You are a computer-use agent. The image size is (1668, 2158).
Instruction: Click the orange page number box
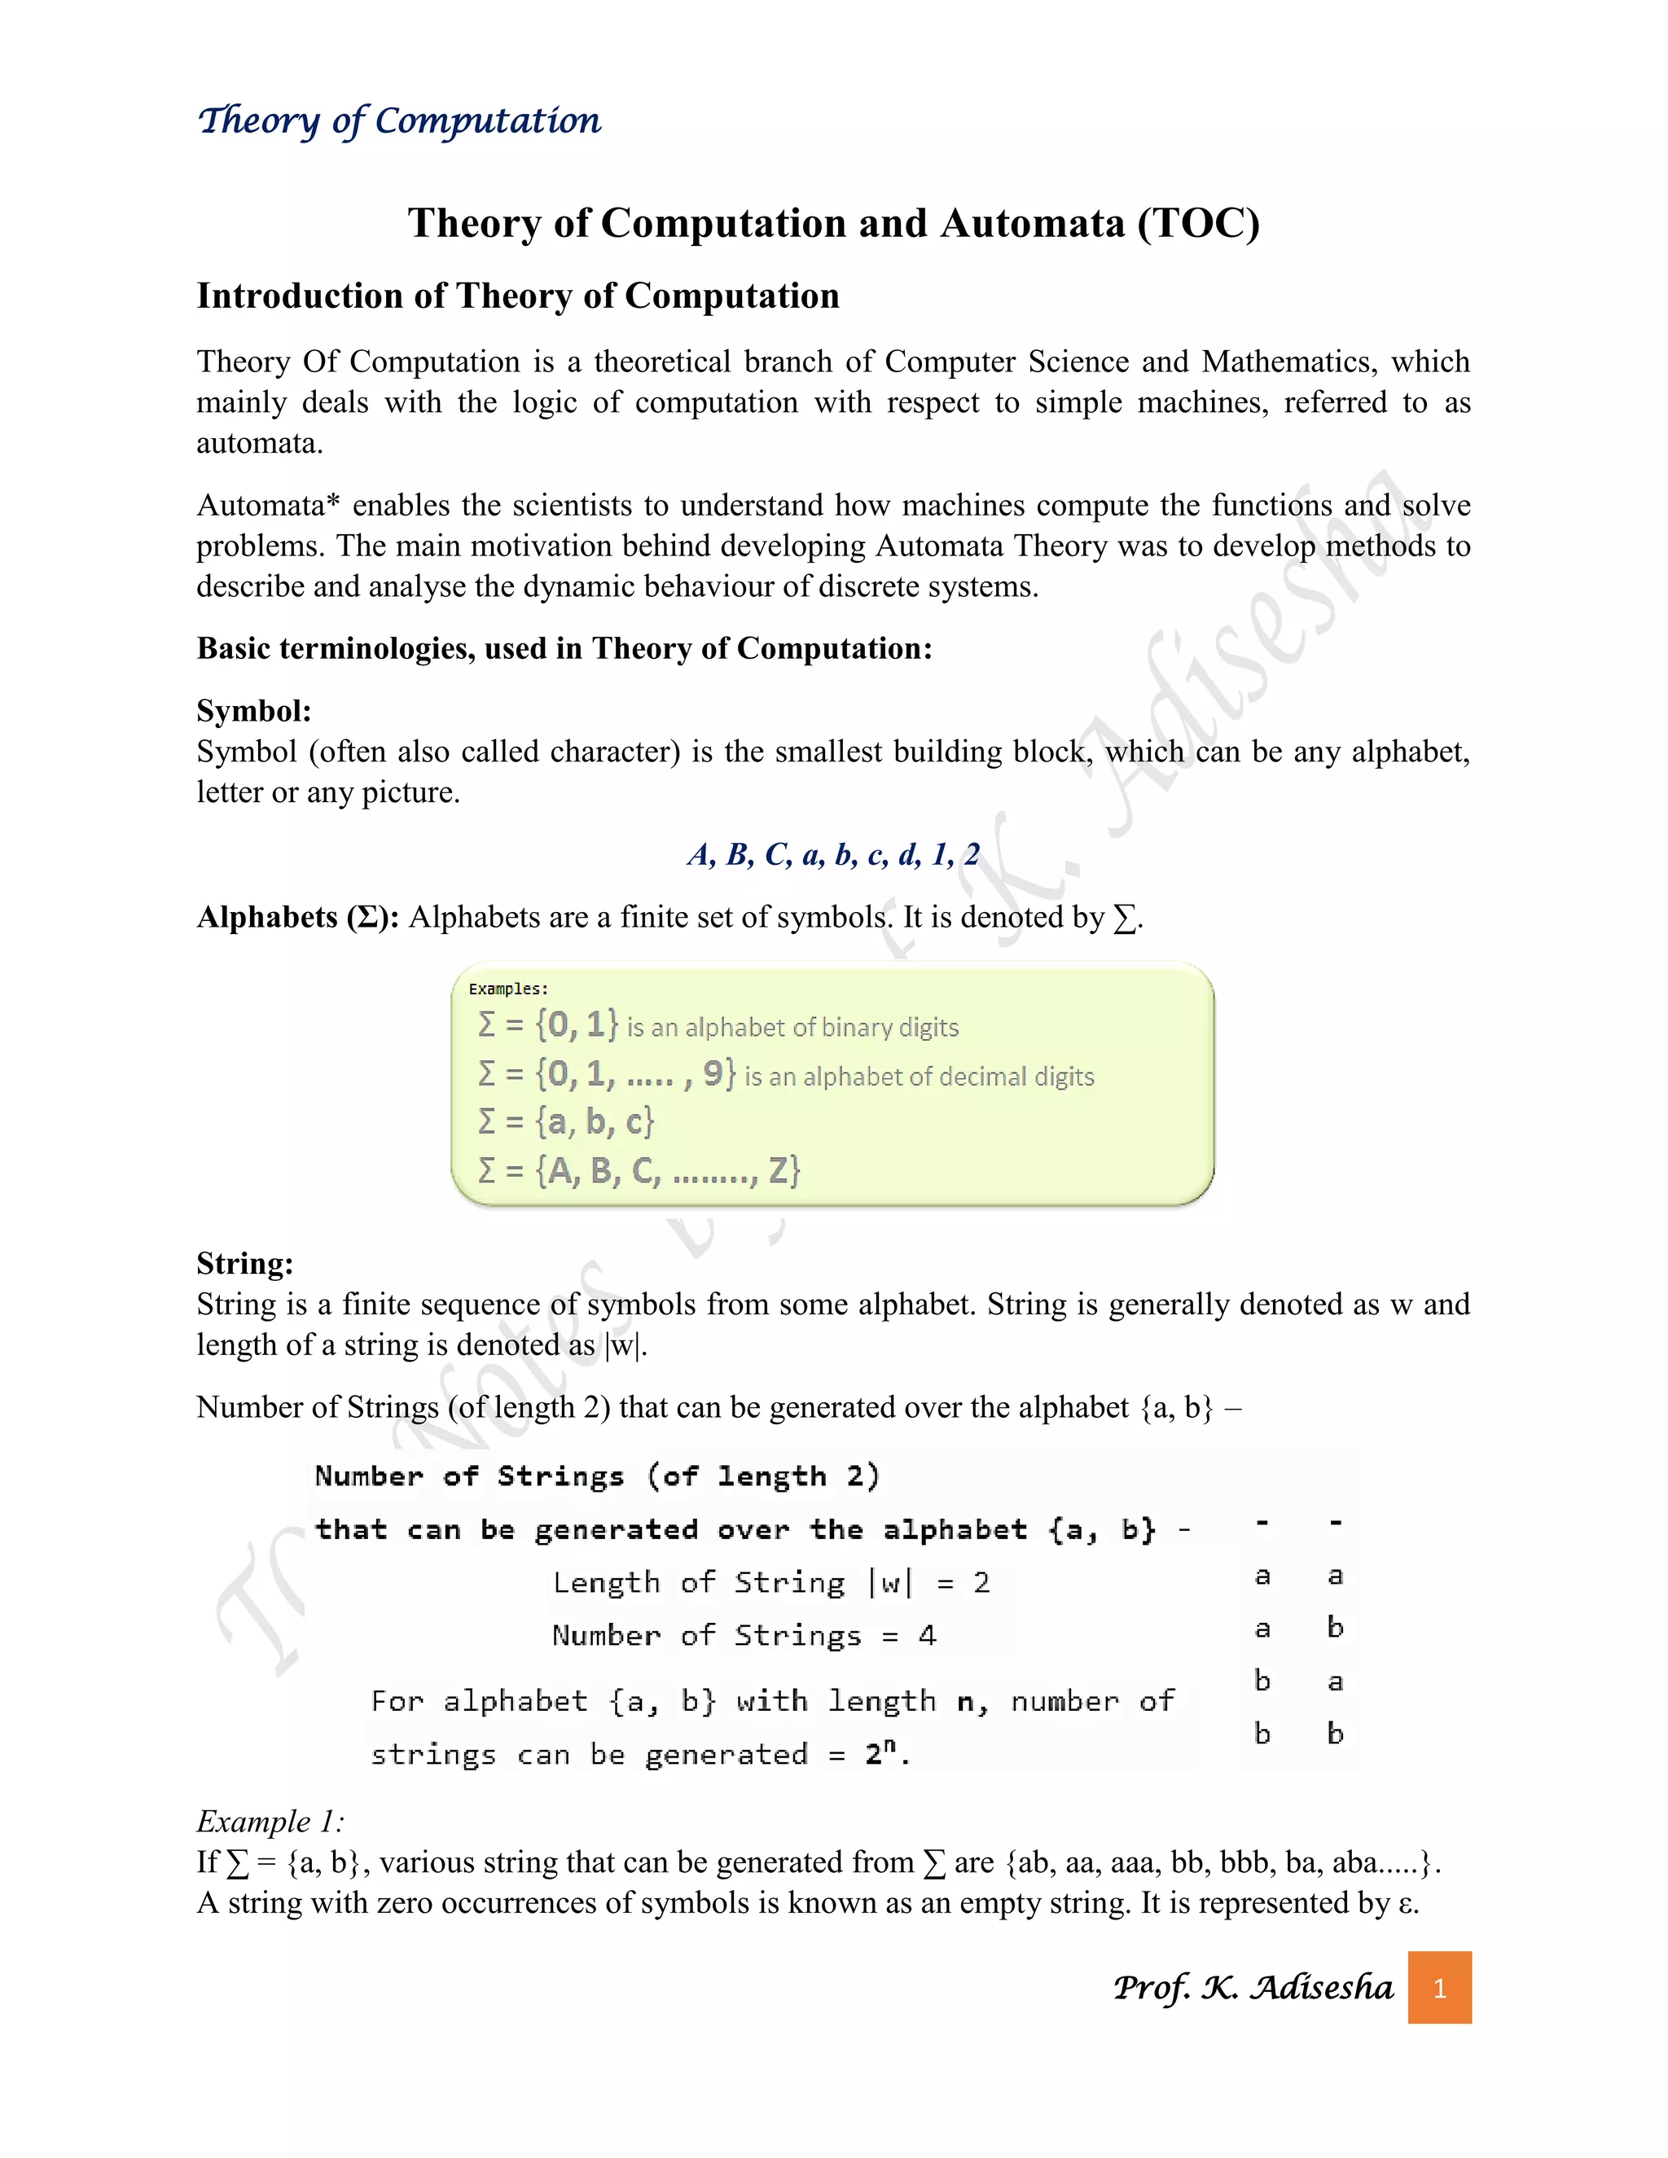pyautogui.click(x=1439, y=1987)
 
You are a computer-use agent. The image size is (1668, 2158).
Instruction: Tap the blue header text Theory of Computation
pyautogui.click(x=399, y=121)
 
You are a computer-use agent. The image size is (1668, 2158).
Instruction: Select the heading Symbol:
pyautogui.click(x=254, y=710)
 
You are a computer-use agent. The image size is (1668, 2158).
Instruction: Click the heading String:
pyautogui.click(x=245, y=1263)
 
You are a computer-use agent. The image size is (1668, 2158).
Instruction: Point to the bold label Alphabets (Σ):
pyautogui.click(x=297, y=917)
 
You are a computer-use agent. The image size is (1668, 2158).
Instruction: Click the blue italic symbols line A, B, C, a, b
pyautogui.click(x=833, y=853)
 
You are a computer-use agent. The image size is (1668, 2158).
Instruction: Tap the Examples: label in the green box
pyautogui.click(x=508, y=988)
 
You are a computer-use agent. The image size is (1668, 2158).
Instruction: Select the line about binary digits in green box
pyautogui.click(x=718, y=1025)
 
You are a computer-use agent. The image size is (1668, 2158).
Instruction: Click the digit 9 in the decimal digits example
pyautogui.click(x=713, y=1073)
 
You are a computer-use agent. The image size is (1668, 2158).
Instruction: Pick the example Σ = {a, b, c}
pyautogui.click(x=566, y=1121)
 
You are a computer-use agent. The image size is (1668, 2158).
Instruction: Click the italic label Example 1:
pyautogui.click(x=270, y=1820)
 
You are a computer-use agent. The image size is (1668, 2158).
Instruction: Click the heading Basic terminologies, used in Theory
pyautogui.click(x=564, y=648)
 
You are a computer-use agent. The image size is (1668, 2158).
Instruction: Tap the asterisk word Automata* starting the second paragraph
pyautogui.click(x=268, y=505)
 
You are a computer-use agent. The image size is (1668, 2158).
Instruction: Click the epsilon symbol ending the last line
pyautogui.click(x=1405, y=1903)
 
